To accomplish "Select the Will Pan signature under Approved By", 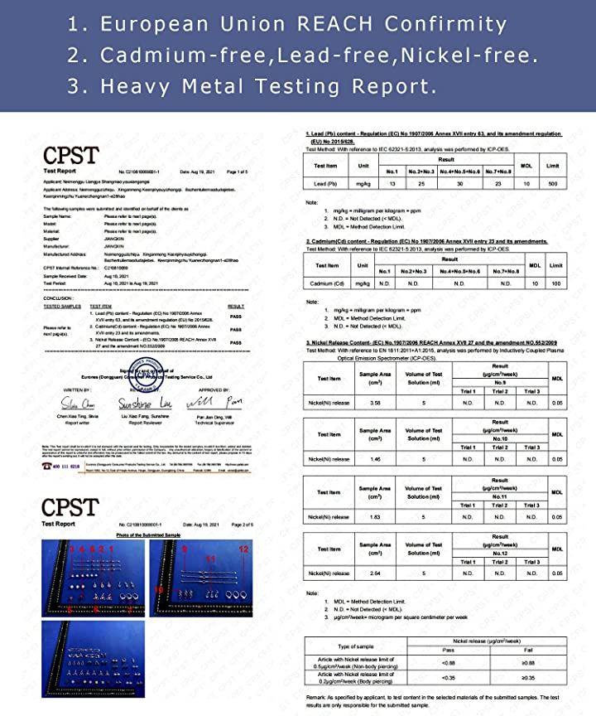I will pos(221,403).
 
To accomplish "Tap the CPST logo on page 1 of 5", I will pos(70,154).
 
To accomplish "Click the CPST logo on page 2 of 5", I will pos(70,506).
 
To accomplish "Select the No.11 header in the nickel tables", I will pos(500,495).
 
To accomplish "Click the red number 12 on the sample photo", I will pos(243,549).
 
